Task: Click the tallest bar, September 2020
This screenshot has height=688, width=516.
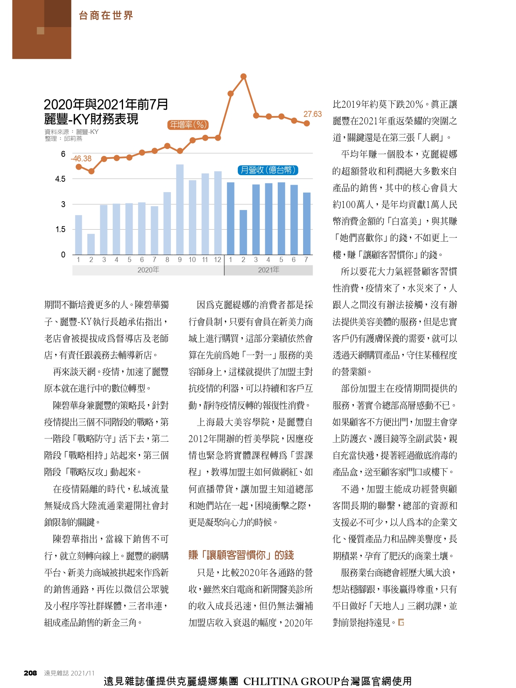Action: pos(180,209)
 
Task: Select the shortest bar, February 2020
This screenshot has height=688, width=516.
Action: pos(91,244)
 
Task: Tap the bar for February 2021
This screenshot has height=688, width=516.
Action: pos(243,232)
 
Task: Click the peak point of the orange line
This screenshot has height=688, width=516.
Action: pos(243,76)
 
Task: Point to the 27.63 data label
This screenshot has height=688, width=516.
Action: pos(312,114)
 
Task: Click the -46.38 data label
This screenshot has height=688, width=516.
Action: pos(81,158)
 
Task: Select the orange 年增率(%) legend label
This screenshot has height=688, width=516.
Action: pos(188,125)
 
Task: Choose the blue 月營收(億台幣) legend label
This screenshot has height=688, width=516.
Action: pos(268,170)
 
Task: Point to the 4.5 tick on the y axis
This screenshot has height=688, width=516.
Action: pos(60,179)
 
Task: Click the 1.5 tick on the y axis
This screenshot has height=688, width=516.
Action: pos(60,230)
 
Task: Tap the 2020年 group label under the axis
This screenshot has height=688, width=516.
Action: pos(148,270)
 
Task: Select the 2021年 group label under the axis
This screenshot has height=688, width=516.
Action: pos(269,270)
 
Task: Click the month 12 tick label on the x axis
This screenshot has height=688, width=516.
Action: pos(217,260)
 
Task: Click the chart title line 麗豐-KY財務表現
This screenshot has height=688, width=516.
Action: pos(91,119)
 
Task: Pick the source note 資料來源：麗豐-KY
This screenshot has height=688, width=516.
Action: pos(72,131)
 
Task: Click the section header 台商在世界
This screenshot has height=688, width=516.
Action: pos(106,15)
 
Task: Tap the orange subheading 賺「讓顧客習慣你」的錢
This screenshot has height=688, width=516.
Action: pos(241,555)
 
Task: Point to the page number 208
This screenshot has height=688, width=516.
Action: pos(30,673)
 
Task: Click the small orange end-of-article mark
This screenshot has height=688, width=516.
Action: pos(401,622)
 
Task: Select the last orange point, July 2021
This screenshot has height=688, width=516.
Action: pos(307,124)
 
